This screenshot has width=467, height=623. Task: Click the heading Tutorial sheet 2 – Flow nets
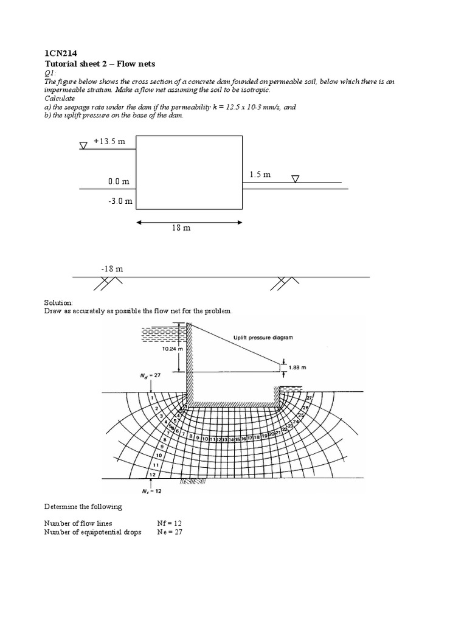tap(100, 64)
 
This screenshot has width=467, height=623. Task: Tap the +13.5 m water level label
tap(109, 142)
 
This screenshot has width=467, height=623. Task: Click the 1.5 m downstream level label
tap(260, 175)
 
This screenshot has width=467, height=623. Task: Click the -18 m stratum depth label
tap(112, 268)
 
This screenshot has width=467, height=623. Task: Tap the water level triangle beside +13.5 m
tap(83, 145)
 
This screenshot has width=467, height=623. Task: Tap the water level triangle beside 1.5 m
tap(296, 179)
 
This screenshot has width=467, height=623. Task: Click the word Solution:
tap(58, 302)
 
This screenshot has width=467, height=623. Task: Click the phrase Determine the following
tap(83, 506)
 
